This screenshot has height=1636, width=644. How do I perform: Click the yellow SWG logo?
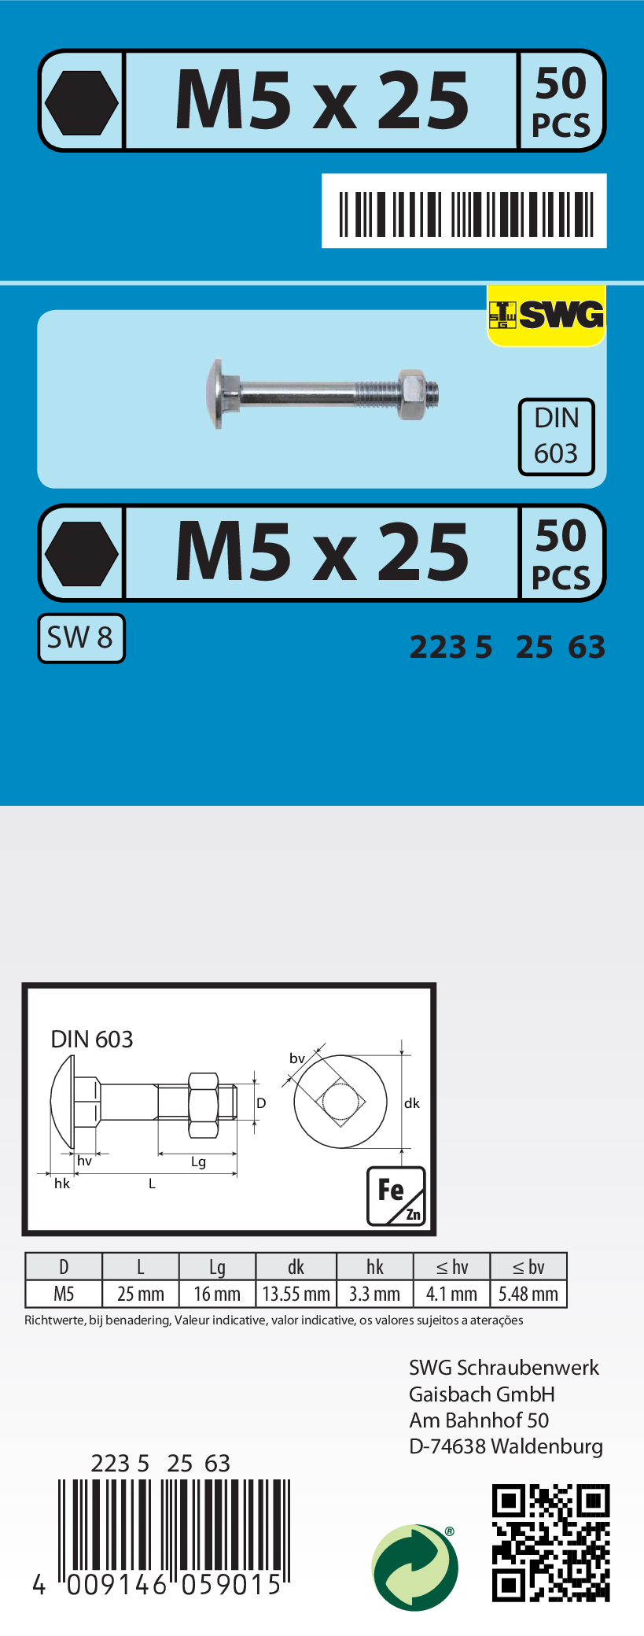546,316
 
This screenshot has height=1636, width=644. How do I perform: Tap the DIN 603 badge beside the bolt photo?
556,436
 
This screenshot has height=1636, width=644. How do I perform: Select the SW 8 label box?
81,637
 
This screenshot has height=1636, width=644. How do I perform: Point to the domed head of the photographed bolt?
216,393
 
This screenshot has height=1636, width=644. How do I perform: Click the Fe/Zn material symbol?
396,1195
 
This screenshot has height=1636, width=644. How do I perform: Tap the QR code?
550,1542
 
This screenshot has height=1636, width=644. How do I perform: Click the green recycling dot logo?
414,1567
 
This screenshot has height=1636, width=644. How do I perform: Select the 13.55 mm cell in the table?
296,1294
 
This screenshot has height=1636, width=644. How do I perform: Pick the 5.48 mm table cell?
528,1294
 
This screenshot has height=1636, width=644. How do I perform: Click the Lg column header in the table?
217,1267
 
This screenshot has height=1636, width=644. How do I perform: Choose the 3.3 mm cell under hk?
374,1294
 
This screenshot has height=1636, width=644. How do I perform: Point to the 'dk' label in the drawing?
412,1103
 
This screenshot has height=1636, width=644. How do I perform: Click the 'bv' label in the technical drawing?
296,1058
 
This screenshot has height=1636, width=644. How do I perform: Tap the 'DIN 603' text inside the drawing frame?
92,1039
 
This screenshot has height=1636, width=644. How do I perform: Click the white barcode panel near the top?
464,211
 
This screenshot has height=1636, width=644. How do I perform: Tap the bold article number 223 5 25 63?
507,647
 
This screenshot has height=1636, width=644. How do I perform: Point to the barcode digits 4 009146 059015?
157,1584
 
